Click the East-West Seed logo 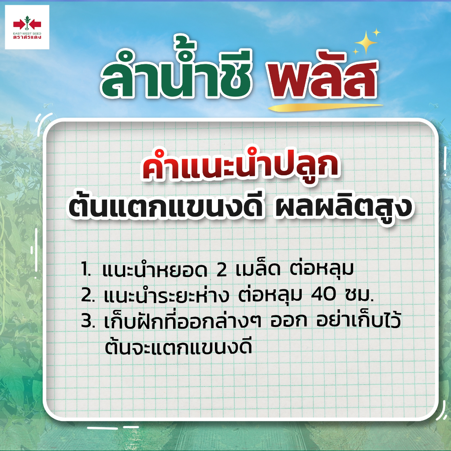[x=27, y=27]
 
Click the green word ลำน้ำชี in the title [x=176, y=72]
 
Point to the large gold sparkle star [x=366, y=43]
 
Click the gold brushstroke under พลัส [x=325, y=107]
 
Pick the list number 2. [x=88, y=296]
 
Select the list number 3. [x=88, y=321]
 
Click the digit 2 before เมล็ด [x=222, y=270]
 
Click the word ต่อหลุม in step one [x=322, y=269]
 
